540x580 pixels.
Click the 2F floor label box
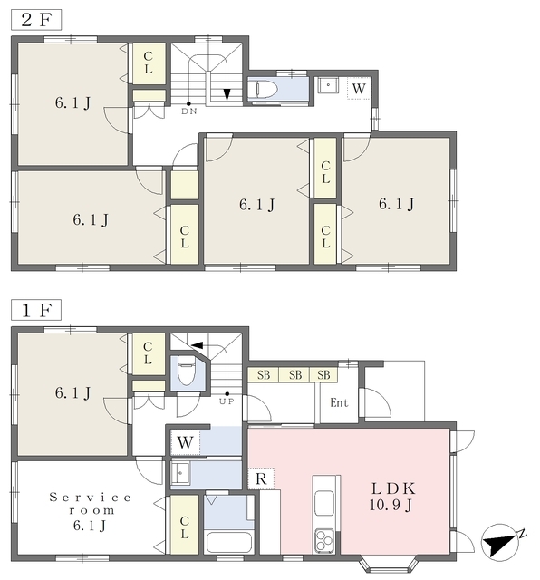click(x=36, y=20)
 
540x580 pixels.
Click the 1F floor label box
click(x=36, y=310)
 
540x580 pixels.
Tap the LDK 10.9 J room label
click(x=393, y=497)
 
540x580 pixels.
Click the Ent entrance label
click(x=339, y=402)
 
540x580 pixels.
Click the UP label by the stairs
click(x=227, y=401)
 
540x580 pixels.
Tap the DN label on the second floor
click(x=189, y=111)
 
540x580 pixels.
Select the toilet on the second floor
click(x=263, y=90)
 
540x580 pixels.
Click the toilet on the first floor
click(x=187, y=372)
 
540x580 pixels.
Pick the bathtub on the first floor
click(x=229, y=542)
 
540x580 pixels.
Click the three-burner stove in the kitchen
click(x=324, y=540)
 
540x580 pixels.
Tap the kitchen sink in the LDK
click(x=324, y=503)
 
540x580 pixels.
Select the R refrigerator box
click(x=261, y=478)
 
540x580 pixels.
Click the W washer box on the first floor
click(x=185, y=442)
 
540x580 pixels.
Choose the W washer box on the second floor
click(x=359, y=89)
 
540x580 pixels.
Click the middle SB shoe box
click(x=294, y=375)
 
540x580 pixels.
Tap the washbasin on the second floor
click(x=328, y=85)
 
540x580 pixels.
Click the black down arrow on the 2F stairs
click(x=227, y=94)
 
